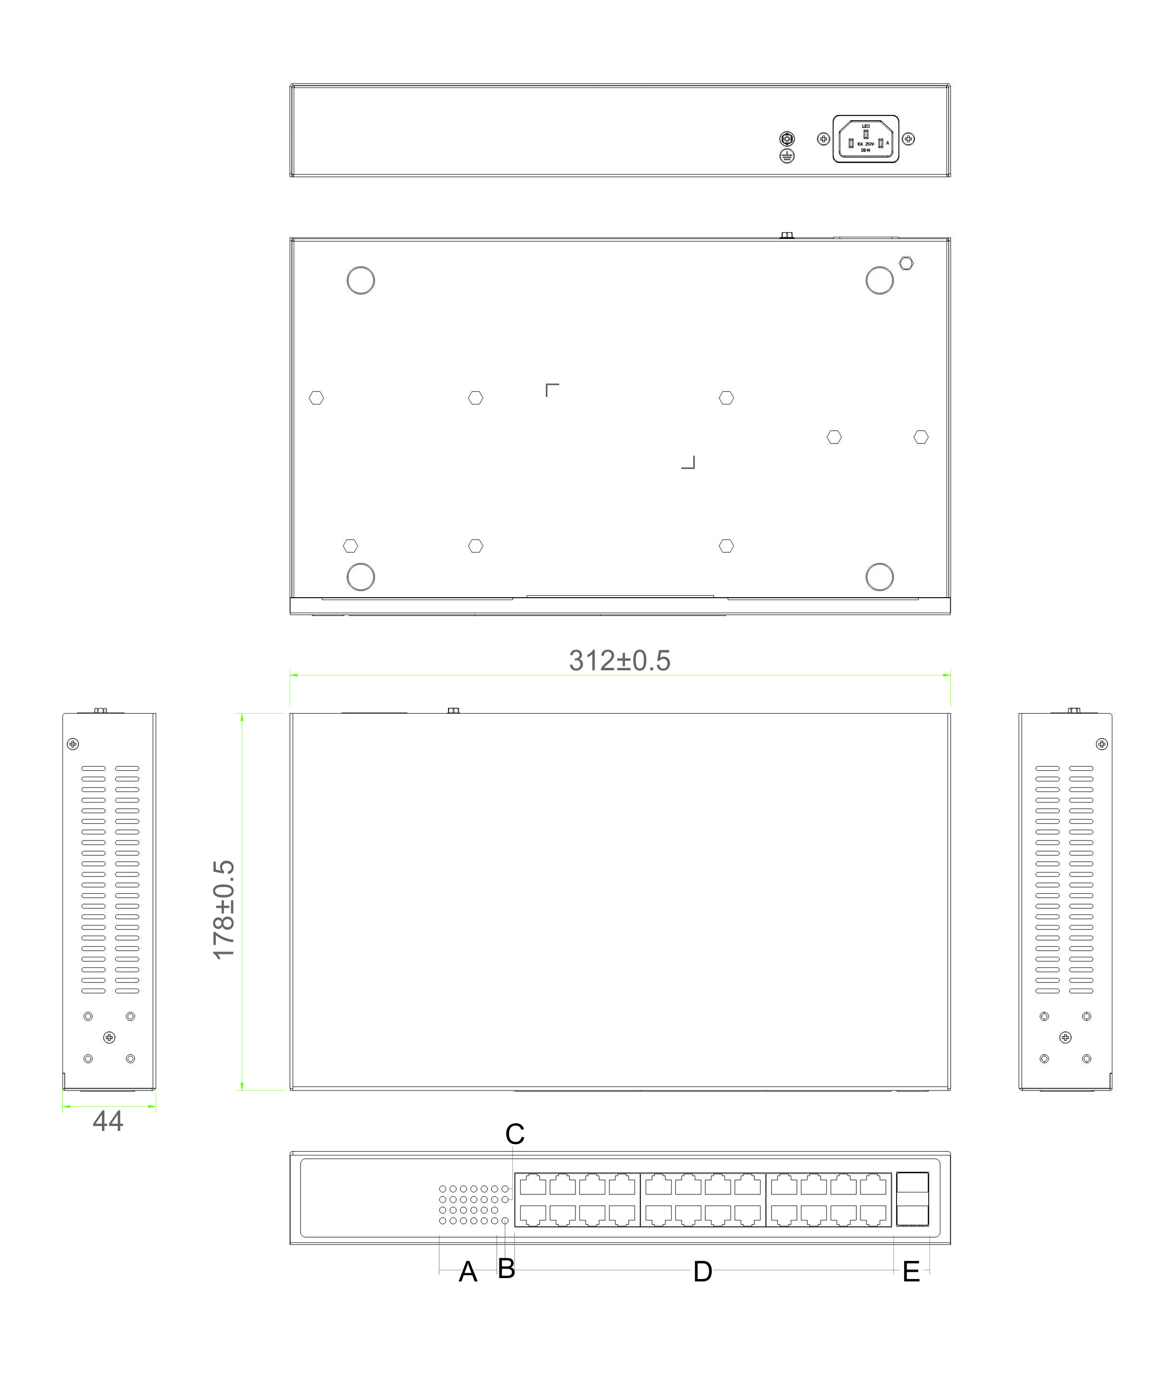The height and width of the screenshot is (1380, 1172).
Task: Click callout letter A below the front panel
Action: click(x=468, y=1272)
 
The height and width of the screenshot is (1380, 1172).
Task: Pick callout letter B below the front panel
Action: click(x=506, y=1268)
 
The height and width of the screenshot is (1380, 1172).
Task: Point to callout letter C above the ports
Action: click(x=515, y=1135)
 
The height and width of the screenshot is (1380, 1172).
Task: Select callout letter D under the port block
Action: click(x=702, y=1272)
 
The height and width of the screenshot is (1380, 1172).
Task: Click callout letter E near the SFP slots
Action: click(x=911, y=1272)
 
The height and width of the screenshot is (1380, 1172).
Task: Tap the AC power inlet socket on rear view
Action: click(x=866, y=139)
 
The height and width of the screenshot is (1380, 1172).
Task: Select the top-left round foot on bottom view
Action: click(x=361, y=280)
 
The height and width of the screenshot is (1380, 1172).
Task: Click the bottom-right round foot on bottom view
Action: click(x=880, y=577)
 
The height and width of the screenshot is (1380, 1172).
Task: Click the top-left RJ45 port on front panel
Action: click(x=533, y=1185)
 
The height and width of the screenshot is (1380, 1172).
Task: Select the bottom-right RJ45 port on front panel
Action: click(x=873, y=1215)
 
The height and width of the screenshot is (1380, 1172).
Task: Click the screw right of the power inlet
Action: click(x=908, y=139)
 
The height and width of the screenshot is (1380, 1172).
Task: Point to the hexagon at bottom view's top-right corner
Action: click(x=906, y=263)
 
